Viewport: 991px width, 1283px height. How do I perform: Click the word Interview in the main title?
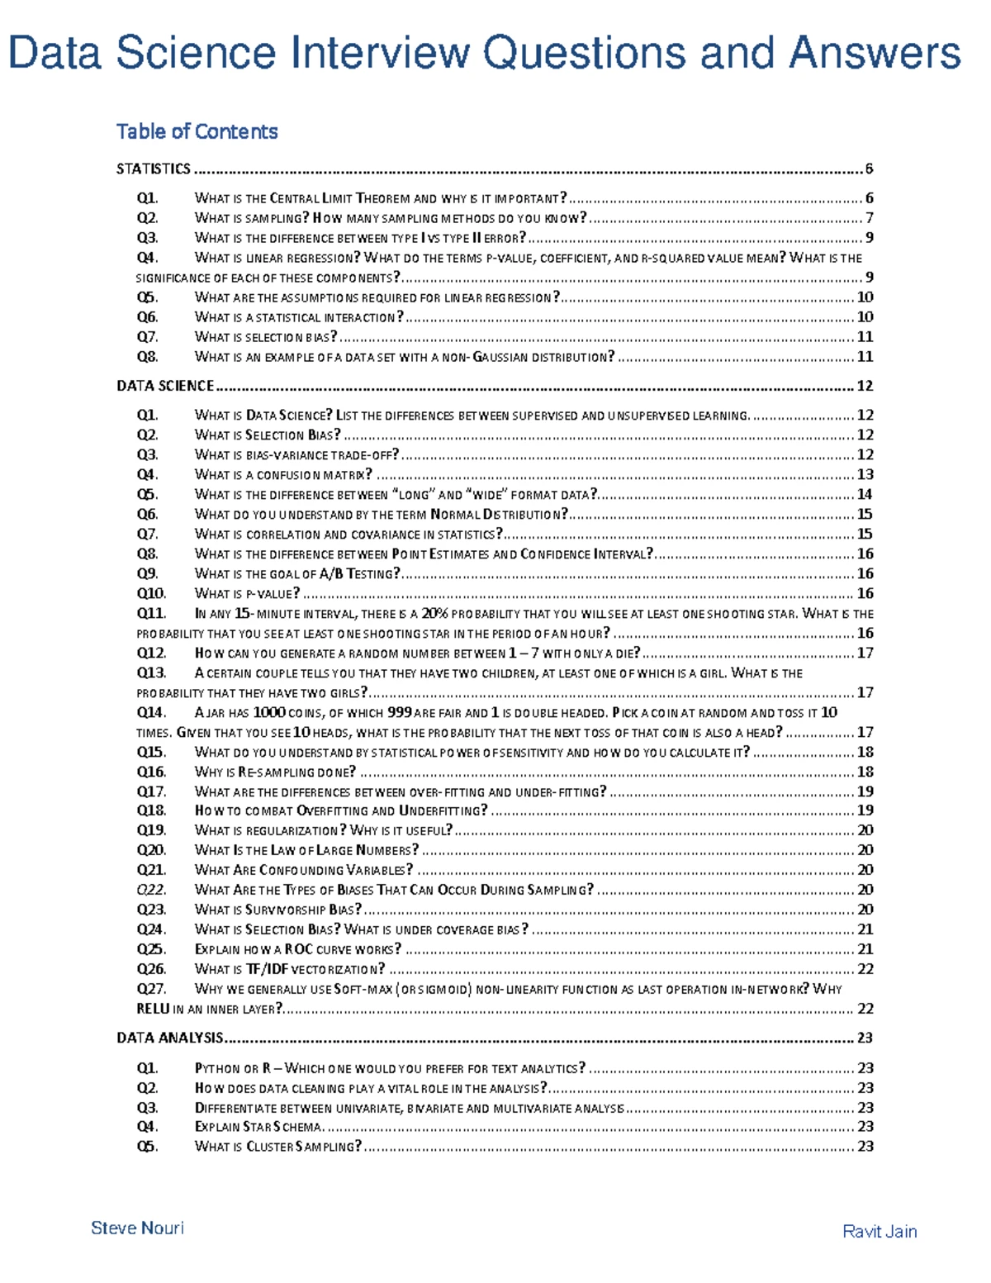click(x=378, y=53)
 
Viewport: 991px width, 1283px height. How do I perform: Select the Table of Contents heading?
click(x=197, y=131)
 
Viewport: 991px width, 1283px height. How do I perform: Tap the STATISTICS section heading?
click(x=154, y=169)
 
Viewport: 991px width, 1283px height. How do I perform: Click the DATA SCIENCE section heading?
click(x=165, y=386)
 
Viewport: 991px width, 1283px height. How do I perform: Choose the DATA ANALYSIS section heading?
click(x=170, y=1038)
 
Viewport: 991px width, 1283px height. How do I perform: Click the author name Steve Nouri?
click(x=137, y=1228)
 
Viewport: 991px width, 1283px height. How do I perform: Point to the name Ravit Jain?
click(x=880, y=1232)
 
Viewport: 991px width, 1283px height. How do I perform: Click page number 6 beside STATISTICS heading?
click(x=869, y=169)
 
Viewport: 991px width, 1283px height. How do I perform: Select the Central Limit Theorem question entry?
click(x=381, y=198)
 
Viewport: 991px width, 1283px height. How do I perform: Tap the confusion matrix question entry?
click(x=283, y=475)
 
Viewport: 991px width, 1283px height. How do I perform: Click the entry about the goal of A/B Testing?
click(x=297, y=574)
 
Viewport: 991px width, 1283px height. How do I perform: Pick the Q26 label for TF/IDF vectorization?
click(x=151, y=969)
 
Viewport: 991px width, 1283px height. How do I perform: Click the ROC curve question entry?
click(x=297, y=950)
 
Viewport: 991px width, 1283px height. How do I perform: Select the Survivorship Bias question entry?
click(x=278, y=910)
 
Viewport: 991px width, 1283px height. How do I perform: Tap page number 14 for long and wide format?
click(x=865, y=495)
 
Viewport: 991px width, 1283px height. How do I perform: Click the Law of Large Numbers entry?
click(x=306, y=850)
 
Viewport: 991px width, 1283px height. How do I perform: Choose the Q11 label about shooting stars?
click(x=151, y=614)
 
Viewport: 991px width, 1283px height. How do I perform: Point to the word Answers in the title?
click(x=875, y=53)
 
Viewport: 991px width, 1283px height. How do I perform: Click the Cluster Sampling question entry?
click(x=278, y=1147)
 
